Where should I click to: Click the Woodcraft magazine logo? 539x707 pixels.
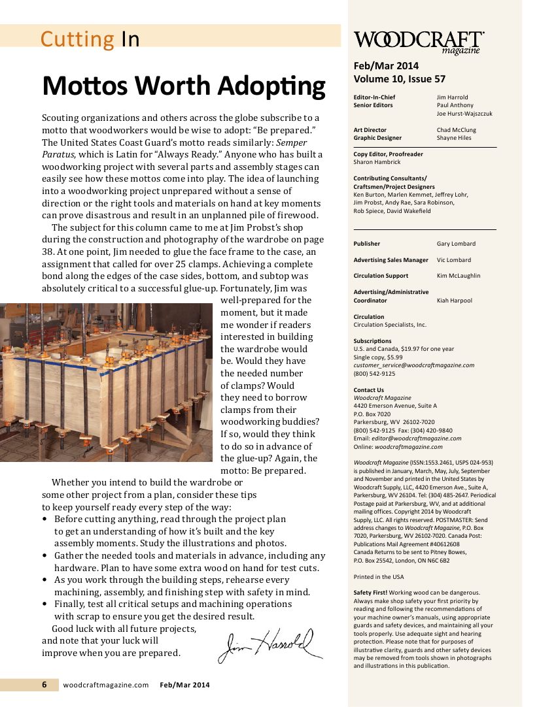[x=419, y=42]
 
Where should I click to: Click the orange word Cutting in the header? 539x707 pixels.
[x=77, y=39]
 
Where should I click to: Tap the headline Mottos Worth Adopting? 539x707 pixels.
[x=183, y=86]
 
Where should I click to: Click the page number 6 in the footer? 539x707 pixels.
[x=44, y=685]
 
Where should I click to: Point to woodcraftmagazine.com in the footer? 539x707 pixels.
[x=107, y=685]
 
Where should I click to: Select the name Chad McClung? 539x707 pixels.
[x=456, y=130]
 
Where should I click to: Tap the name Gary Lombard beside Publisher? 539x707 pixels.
[x=456, y=244]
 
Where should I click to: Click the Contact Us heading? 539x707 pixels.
[x=368, y=390]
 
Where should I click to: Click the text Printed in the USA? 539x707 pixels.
[x=378, y=577]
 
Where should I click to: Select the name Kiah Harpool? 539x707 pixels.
[x=454, y=301]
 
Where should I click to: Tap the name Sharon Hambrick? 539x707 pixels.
[x=377, y=162]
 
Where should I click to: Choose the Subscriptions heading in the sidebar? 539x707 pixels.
[x=372, y=341]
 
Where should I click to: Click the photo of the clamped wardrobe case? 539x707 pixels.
[x=107, y=382]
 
